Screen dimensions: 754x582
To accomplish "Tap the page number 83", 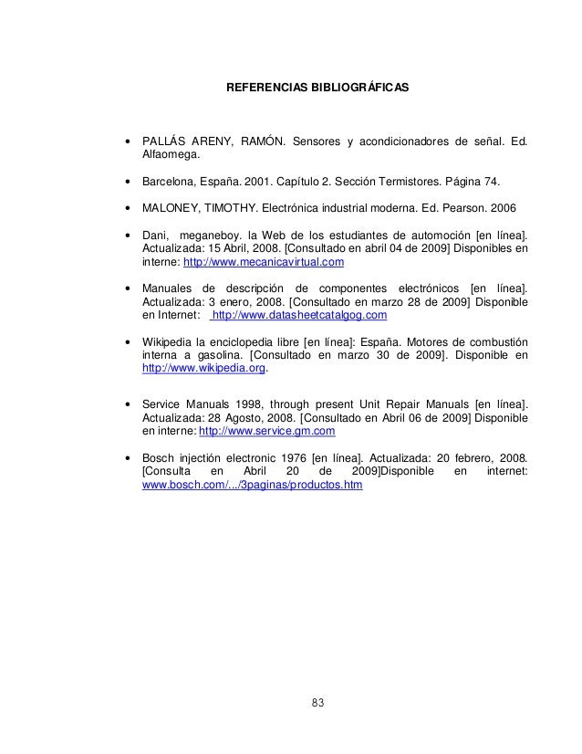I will tap(317, 702).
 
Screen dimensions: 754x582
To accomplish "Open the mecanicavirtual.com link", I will tap(264, 262).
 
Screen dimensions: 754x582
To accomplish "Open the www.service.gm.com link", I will tap(266, 430).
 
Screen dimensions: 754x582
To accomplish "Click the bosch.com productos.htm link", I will tap(253, 485).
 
